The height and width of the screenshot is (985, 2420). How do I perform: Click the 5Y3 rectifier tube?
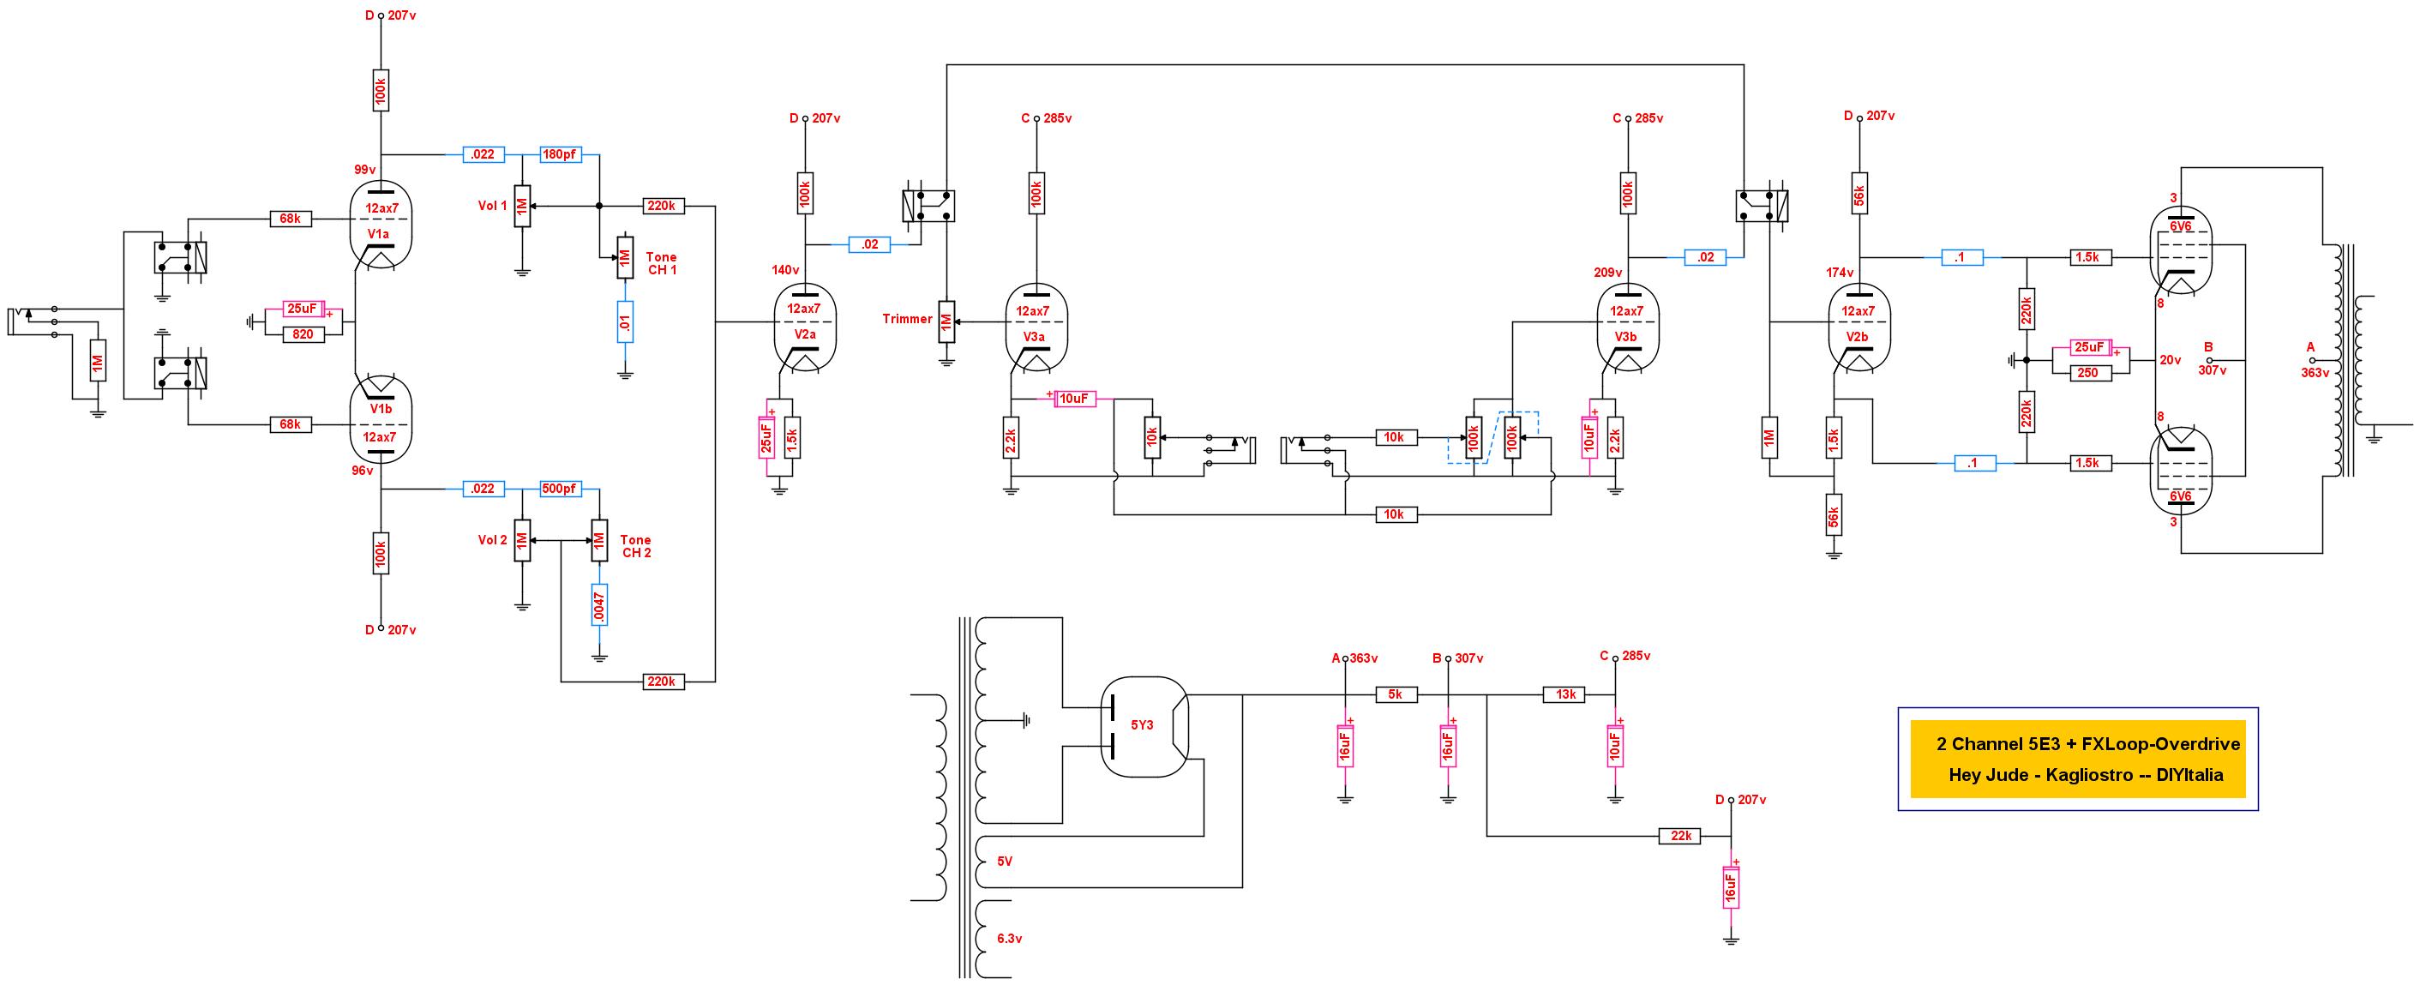(1144, 726)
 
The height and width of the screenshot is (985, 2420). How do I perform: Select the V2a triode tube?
(805, 327)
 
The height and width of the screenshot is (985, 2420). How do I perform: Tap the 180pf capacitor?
(560, 154)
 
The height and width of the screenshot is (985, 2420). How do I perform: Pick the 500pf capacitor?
(560, 489)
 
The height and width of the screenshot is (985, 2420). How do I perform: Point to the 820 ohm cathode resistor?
(303, 333)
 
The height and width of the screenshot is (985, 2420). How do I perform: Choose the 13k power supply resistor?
(1565, 694)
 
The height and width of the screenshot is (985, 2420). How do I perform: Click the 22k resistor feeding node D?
(1681, 836)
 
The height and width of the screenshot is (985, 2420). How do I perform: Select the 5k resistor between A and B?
(1395, 694)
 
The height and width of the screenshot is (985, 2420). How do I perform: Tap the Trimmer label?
(907, 320)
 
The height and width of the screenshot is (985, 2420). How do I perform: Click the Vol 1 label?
(492, 206)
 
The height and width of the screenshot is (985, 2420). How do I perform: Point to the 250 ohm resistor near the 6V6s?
(2087, 373)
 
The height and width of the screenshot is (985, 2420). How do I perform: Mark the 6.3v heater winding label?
(1010, 939)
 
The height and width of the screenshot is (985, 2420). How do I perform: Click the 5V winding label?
(1006, 862)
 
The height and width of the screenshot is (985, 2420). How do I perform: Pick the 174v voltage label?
(1840, 273)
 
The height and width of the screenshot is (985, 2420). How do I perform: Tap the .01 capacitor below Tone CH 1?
(625, 321)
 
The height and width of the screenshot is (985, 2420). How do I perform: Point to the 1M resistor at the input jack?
(98, 363)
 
